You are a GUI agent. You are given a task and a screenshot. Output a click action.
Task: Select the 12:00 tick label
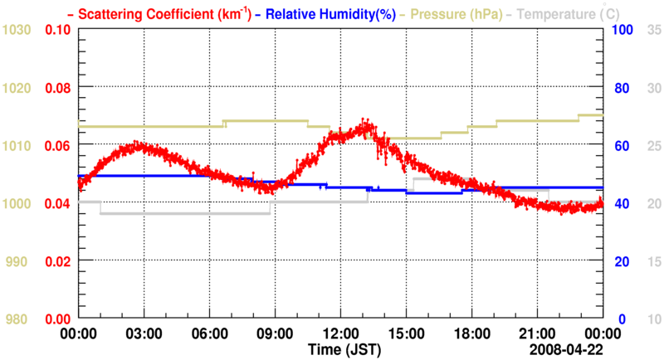(x=340, y=333)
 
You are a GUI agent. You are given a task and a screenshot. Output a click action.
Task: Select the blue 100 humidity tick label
(x=623, y=30)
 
